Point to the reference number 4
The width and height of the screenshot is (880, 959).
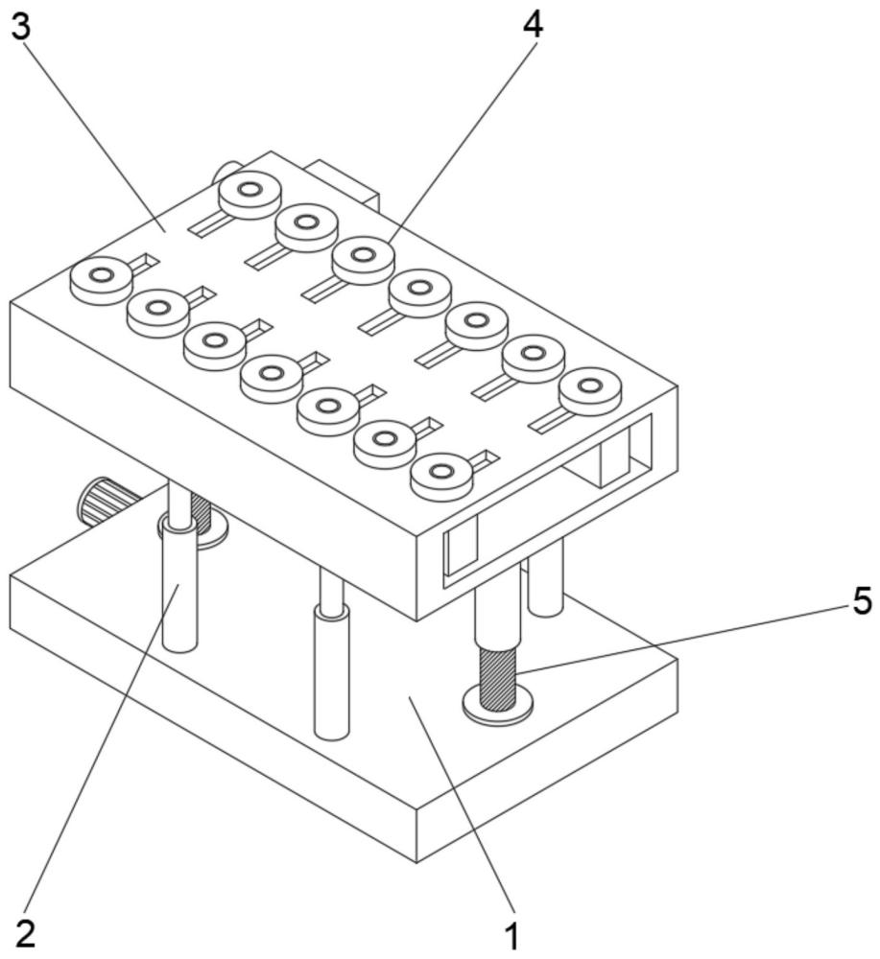tap(532, 25)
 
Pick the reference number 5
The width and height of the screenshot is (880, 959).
tap(862, 600)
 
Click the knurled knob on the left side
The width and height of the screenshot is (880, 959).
tap(104, 501)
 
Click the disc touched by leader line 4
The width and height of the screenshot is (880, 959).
tap(363, 260)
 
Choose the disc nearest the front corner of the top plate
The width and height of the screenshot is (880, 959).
tap(441, 477)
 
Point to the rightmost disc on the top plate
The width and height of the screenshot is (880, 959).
tap(590, 391)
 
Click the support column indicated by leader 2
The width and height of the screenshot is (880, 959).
tap(179, 586)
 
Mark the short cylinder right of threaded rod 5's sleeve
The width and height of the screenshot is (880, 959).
tap(545, 578)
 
